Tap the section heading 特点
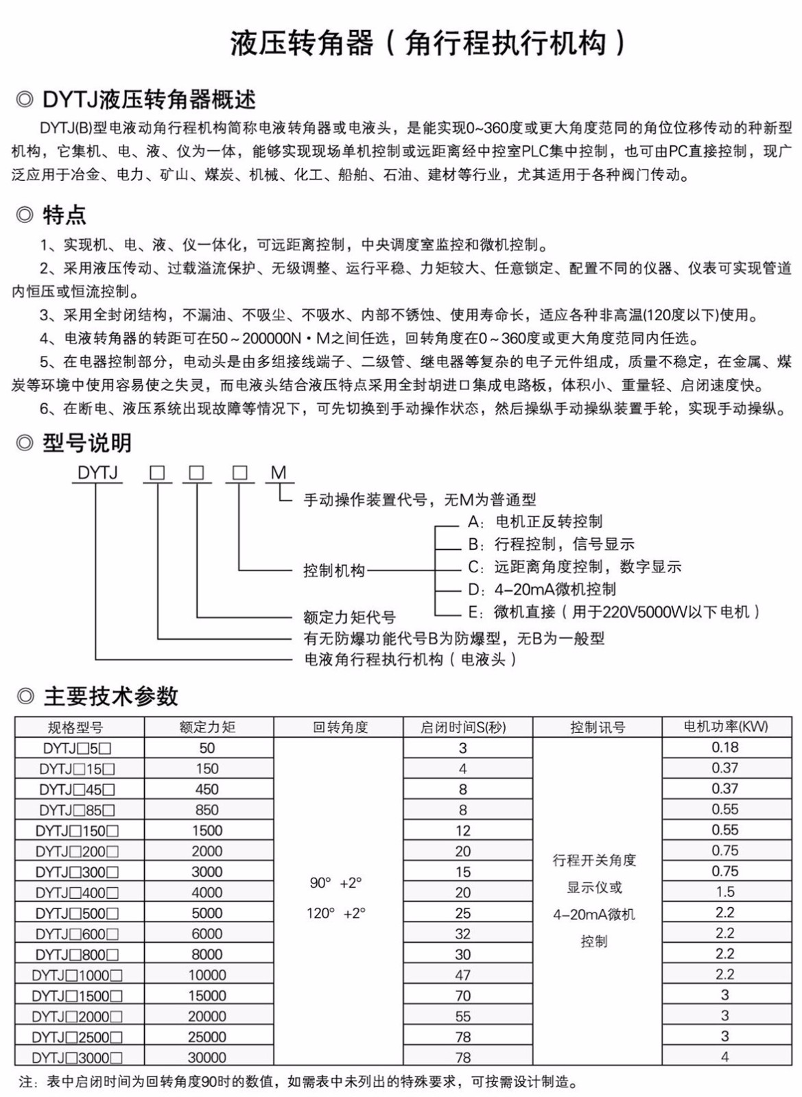pyautogui.click(x=64, y=215)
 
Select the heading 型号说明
pyautogui.click(x=86, y=443)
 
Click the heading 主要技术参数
pyautogui.click(x=110, y=697)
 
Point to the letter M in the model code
pyautogui.click(x=278, y=472)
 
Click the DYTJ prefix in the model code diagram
pyautogui.click(x=97, y=472)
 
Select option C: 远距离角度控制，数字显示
pyautogui.click(x=574, y=567)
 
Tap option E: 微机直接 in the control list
pyautogui.click(x=614, y=612)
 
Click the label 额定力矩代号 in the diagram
pyautogui.click(x=349, y=617)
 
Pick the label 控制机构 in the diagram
pyautogui.click(x=334, y=570)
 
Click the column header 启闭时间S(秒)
pyautogui.click(x=463, y=727)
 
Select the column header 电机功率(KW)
pyautogui.click(x=726, y=727)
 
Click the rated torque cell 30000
pyautogui.click(x=207, y=1057)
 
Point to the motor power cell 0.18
pyautogui.click(x=724, y=747)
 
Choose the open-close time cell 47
pyautogui.click(x=463, y=975)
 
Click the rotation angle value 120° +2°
pyautogui.click(x=335, y=913)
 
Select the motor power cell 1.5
pyautogui.click(x=724, y=892)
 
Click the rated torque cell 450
pyautogui.click(x=207, y=789)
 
